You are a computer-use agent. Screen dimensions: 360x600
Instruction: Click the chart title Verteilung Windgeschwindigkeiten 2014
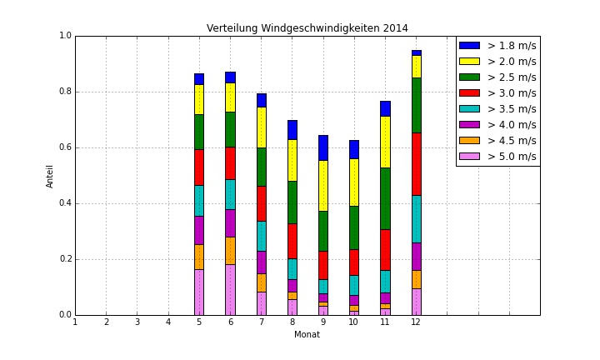307,28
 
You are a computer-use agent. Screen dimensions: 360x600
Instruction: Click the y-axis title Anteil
50,175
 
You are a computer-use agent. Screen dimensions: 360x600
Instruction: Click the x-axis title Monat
307,334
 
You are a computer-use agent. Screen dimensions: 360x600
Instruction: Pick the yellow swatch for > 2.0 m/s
469,61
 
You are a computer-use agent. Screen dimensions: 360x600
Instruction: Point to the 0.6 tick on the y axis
66,147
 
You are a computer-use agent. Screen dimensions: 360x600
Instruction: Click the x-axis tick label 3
137,322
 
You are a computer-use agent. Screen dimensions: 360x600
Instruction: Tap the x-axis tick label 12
416,322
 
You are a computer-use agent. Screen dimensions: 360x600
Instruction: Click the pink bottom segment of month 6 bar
230,289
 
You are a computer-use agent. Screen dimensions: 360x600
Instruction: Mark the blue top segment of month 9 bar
323,147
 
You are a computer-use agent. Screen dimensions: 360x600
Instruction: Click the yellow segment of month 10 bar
354,182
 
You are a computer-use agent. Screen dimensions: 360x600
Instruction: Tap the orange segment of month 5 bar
199,257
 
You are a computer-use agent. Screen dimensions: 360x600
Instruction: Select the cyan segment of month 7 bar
261,236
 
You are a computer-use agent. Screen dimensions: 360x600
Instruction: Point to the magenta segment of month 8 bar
292,285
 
